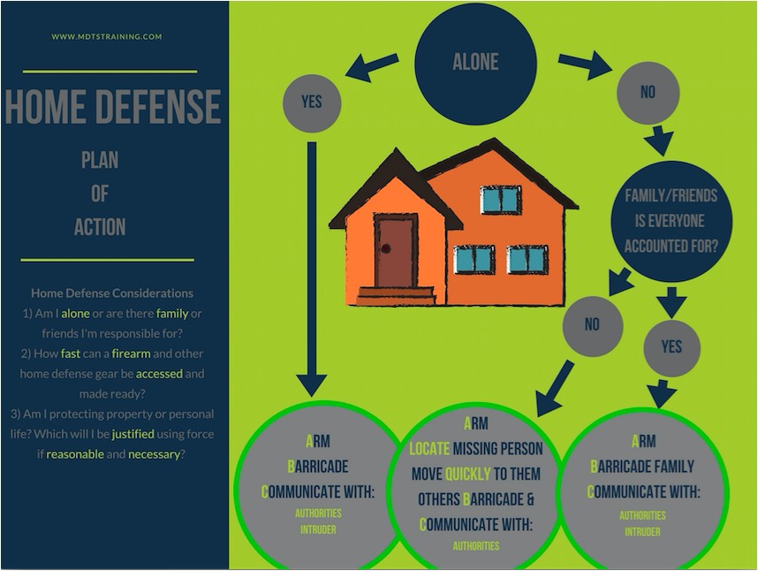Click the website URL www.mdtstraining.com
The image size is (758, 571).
click(107, 36)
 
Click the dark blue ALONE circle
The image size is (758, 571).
click(475, 64)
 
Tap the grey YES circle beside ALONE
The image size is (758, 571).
click(312, 103)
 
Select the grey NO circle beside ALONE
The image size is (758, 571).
click(648, 92)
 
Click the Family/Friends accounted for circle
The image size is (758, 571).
click(671, 222)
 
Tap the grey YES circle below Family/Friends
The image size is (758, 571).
click(671, 348)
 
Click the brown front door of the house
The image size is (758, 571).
click(396, 250)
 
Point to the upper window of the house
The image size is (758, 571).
click(500, 200)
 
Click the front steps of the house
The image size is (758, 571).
click(396, 296)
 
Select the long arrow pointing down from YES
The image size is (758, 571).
click(312, 269)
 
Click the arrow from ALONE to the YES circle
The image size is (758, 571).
click(372, 67)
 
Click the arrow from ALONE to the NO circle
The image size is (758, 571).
click(585, 65)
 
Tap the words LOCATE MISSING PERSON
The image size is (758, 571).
click(475, 449)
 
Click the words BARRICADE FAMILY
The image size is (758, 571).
click(642, 467)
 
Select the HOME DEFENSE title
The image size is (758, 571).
click(113, 106)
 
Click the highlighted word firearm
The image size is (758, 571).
click(131, 354)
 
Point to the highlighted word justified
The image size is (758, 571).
click(133, 434)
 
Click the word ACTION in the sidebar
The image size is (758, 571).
click(100, 227)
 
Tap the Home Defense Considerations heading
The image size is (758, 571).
click(112, 293)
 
